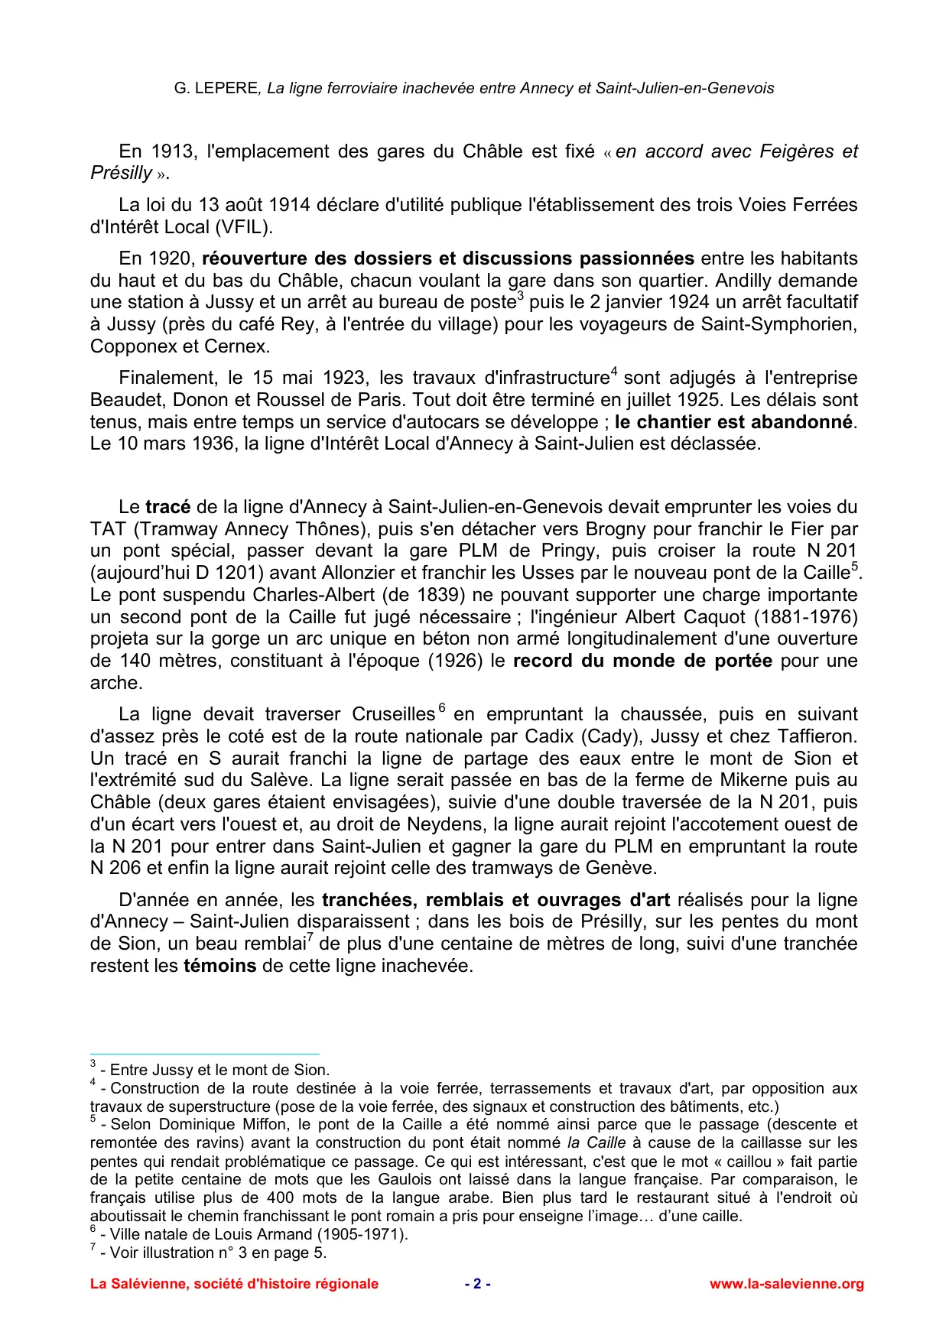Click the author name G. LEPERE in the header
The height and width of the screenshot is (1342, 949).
[216, 88]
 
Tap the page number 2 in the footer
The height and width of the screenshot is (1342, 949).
[477, 1284]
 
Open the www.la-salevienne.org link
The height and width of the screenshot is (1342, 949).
[786, 1284]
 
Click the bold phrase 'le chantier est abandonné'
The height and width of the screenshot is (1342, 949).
[733, 422]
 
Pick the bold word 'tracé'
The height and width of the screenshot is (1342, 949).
[168, 507]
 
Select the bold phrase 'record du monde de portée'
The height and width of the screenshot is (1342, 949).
[642, 661]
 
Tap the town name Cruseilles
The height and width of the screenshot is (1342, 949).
[393, 714]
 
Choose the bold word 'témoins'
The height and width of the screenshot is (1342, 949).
[219, 966]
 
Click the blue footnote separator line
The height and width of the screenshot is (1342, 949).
[204, 1054]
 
